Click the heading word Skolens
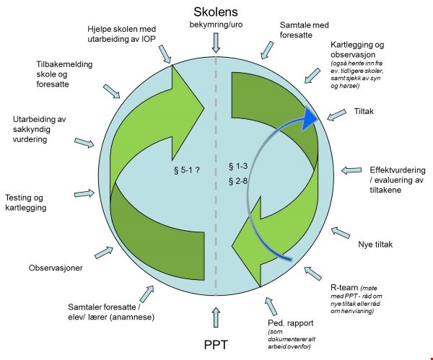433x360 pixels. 217,12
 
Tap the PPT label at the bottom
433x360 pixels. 216,345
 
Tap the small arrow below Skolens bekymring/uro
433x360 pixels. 216,44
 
